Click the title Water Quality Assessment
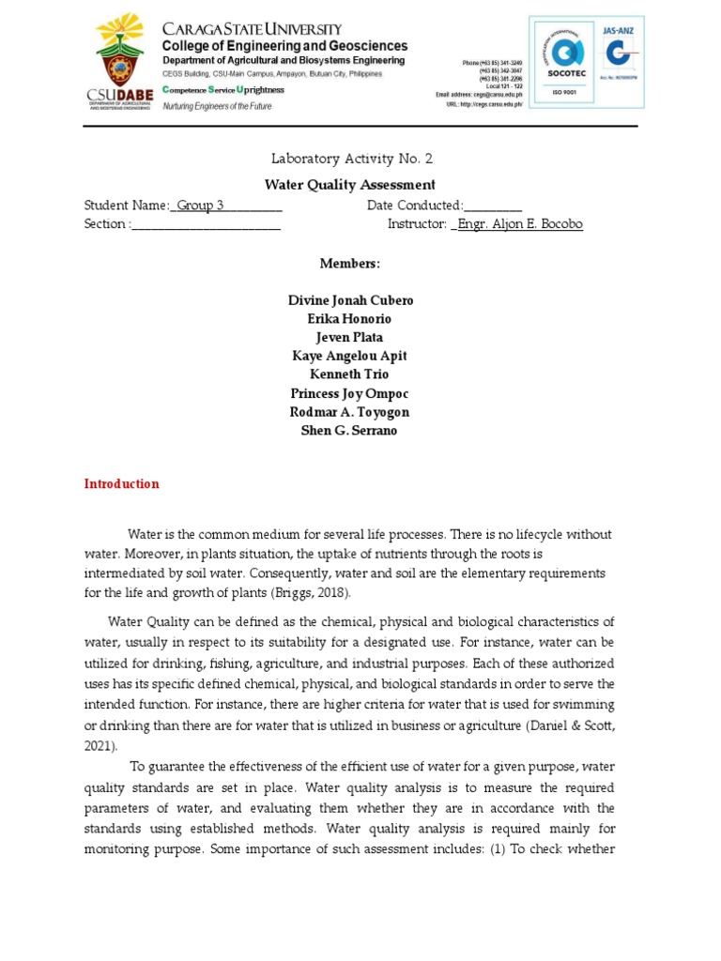pos(350,185)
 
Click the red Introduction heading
pos(122,484)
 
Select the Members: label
pos(350,264)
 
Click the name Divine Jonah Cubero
pos(350,300)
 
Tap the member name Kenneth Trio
pos(350,374)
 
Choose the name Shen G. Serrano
pos(350,431)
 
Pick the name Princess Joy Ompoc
pos(350,393)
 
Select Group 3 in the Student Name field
pos(202,206)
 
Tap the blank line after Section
pos(207,224)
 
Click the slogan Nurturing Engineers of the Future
pos(217,107)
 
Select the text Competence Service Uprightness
pos(223,89)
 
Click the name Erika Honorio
pos(350,319)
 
